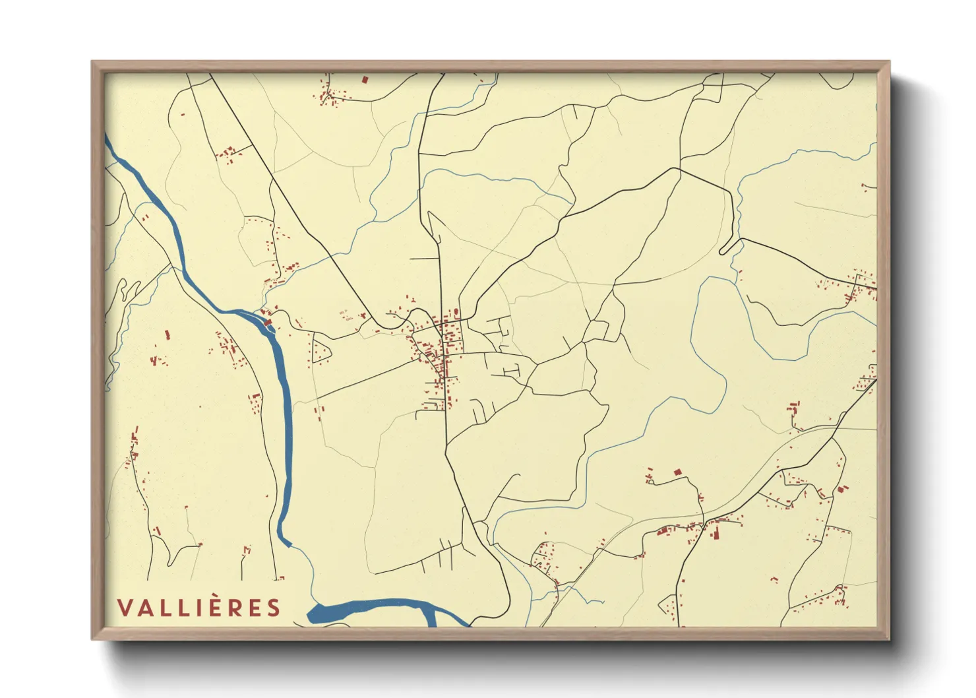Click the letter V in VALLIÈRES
[x=125, y=608]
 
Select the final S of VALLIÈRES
[x=274, y=608]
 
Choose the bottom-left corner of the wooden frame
[x=93, y=639]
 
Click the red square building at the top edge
[x=364, y=79]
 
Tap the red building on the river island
[x=268, y=323]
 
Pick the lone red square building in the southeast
[x=677, y=472]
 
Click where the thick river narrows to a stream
[x=289, y=545]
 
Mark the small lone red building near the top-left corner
[x=183, y=115]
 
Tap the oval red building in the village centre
[x=456, y=312]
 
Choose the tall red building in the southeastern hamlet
[x=712, y=531]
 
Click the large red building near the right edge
[x=842, y=489]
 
